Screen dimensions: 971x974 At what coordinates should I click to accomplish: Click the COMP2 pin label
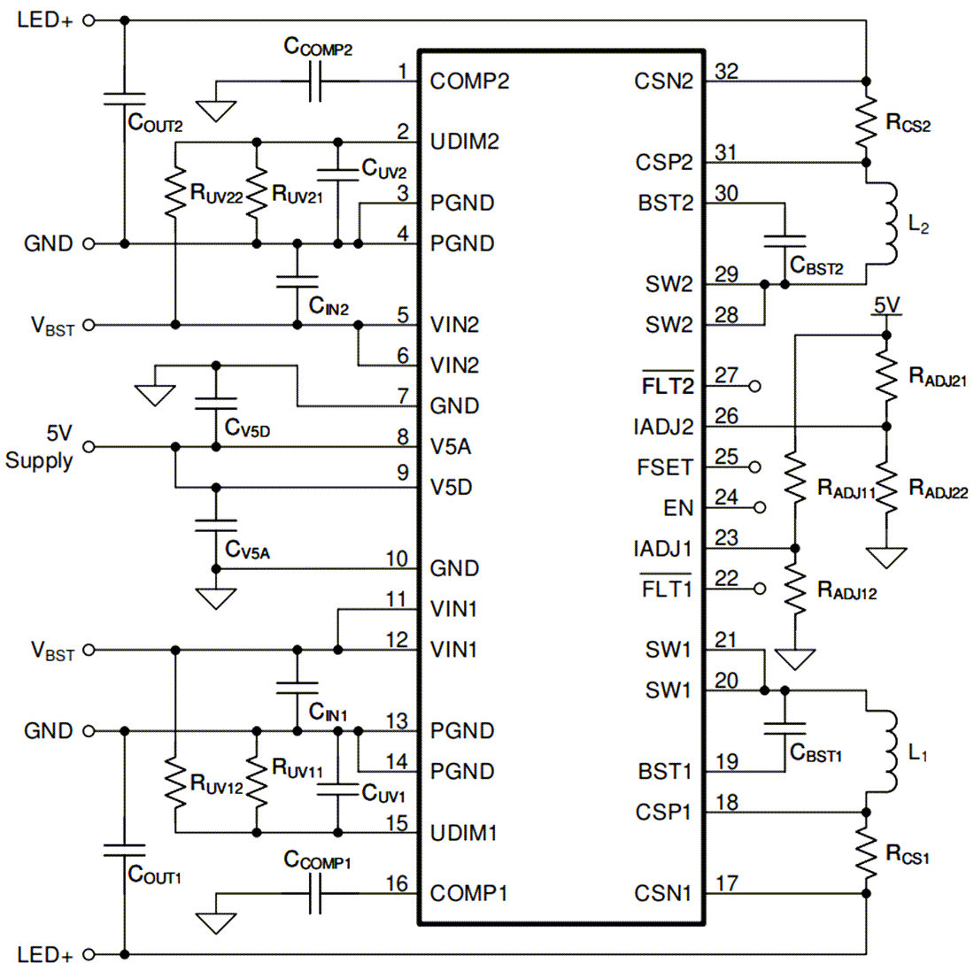tap(469, 81)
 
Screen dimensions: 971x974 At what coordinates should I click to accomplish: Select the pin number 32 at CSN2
tap(726, 71)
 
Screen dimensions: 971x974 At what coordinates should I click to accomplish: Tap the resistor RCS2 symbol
tap(866, 122)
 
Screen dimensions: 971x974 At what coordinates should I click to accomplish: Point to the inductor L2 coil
tap(885, 224)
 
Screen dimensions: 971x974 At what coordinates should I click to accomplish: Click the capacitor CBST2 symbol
tap(785, 243)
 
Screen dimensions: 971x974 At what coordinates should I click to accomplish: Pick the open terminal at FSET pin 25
tap(755, 466)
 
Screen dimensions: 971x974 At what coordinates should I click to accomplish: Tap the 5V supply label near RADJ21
tap(886, 305)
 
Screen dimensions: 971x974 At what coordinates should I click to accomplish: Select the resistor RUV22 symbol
tap(175, 194)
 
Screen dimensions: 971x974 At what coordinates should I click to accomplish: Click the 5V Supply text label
tap(40, 447)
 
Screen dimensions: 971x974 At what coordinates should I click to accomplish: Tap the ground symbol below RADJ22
tap(886, 557)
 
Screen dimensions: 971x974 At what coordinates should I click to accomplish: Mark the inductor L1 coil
tap(885, 751)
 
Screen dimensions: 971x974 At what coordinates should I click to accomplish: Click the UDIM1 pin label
tap(463, 833)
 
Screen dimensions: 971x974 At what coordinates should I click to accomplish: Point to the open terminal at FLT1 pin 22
tap(755, 589)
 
